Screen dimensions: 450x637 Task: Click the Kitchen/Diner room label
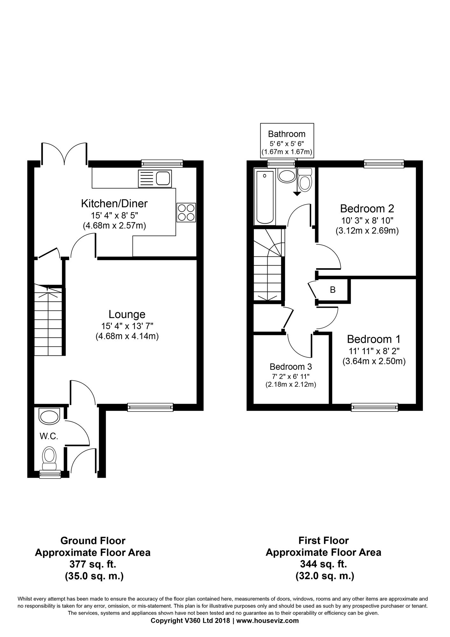point(114,203)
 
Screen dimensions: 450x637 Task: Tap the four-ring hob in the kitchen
point(186,212)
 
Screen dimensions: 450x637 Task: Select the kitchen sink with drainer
point(155,178)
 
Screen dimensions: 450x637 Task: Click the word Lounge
point(127,314)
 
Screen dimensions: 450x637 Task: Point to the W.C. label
point(49,436)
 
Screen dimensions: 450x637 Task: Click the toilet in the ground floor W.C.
point(49,458)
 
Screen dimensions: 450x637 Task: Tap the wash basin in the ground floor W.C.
point(49,416)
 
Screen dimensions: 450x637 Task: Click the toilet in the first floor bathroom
point(305,180)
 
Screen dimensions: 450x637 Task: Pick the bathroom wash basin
point(287,175)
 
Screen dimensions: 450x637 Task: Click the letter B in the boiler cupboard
point(333,290)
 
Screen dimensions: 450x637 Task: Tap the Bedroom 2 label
point(367,209)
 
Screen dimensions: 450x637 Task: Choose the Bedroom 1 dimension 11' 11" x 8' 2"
point(374,351)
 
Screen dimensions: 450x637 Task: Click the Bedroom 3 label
point(291,366)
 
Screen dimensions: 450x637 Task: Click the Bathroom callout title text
point(287,134)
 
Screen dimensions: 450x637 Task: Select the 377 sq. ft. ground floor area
point(93,564)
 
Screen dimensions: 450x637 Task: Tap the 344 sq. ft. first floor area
point(323,564)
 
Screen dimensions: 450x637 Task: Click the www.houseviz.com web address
point(268,620)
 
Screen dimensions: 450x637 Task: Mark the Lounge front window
point(150,407)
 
